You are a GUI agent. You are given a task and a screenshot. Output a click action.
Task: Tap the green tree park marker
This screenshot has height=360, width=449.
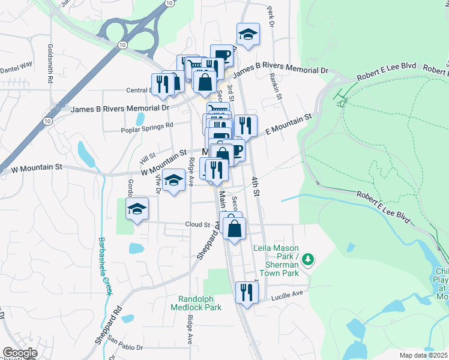(308, 259)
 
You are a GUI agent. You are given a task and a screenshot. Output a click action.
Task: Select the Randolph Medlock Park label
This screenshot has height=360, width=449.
(200, 303)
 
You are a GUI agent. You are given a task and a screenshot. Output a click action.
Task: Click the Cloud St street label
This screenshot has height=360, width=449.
(196, 224)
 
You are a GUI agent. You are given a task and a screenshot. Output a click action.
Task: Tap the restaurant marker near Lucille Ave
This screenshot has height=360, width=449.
(247, 292)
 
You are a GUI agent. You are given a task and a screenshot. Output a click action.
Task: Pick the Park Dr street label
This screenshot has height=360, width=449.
(271, 16)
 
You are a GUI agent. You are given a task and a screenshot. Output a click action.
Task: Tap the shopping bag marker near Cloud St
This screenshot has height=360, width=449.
(234, 227)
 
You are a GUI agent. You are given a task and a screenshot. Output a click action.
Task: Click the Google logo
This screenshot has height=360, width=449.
(20, 353)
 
